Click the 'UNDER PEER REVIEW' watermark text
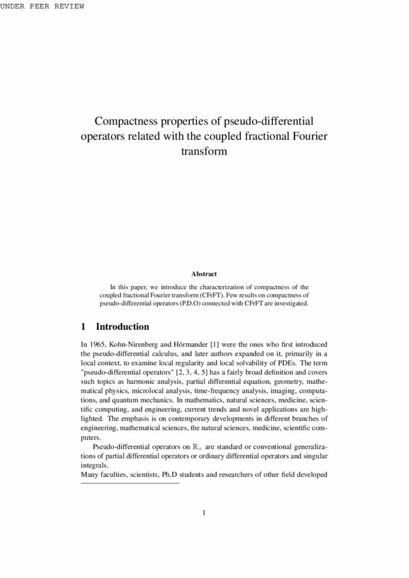(x=42, y=6)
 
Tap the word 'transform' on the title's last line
(x=204, y=151)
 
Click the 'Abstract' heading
(x=204, y=274)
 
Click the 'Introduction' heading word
(x=123, y=327)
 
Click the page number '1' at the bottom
(x=204, y=513)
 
